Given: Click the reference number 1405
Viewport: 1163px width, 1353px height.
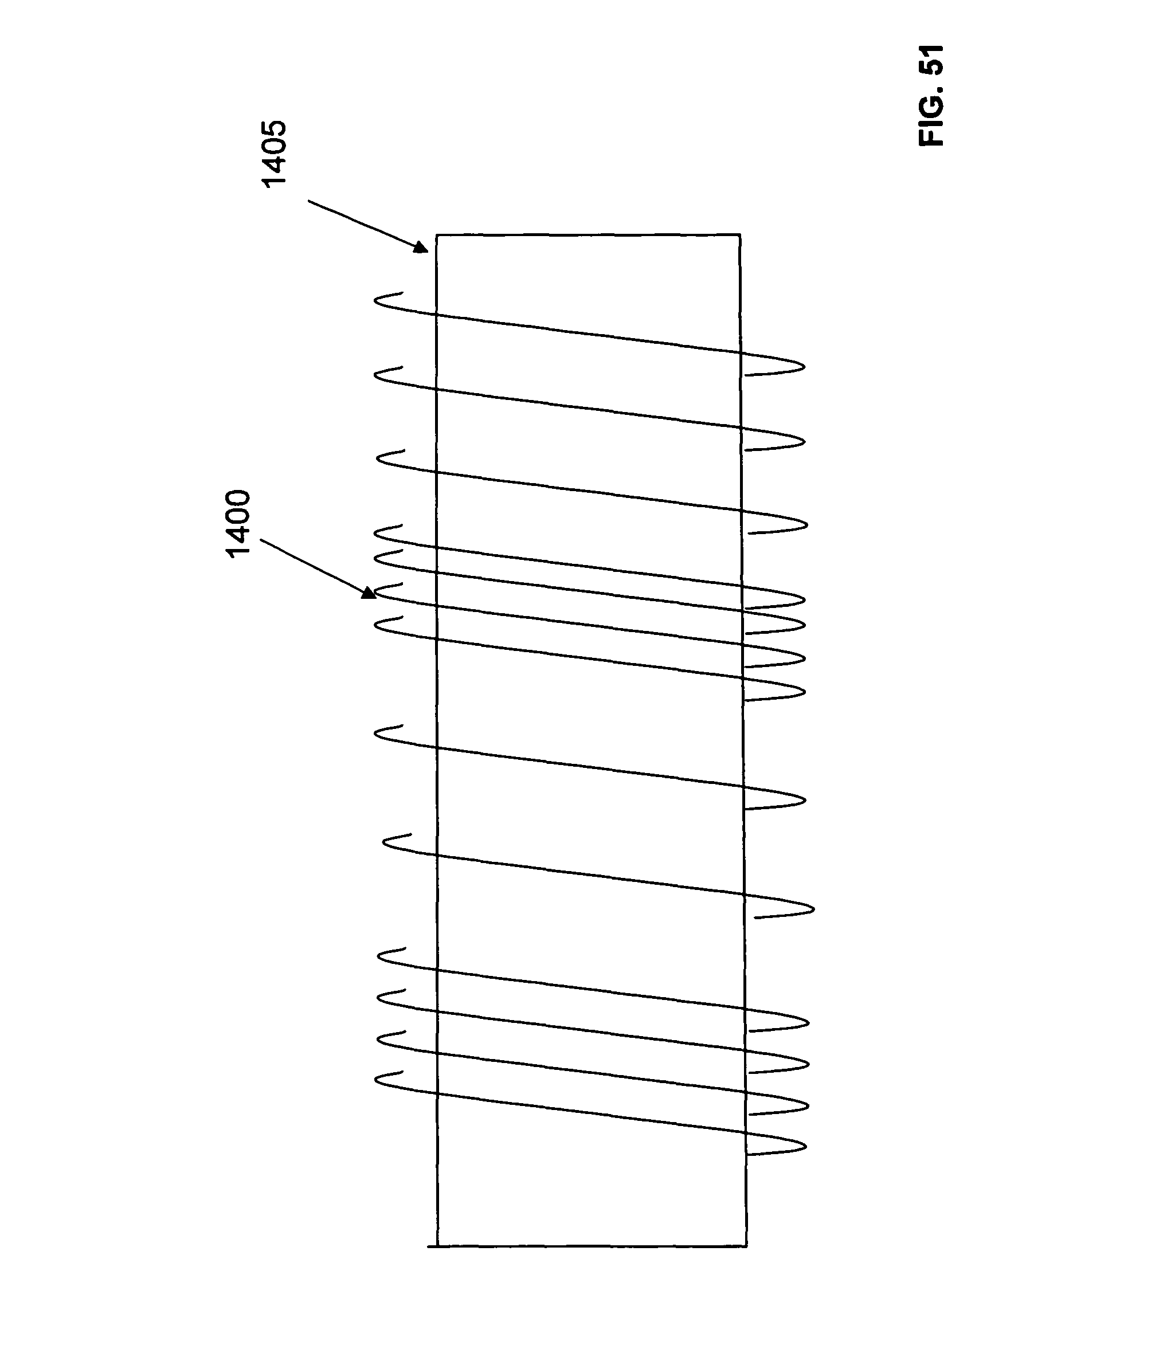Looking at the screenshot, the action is point(273,154).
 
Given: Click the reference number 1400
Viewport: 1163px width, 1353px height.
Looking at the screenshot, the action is point(238,524).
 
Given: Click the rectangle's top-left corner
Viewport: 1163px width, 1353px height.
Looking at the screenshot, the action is point(436,234).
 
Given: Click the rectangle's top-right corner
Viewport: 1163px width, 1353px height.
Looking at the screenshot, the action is point(740,234).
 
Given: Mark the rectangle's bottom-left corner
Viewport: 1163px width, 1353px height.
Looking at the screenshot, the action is point(437,1246).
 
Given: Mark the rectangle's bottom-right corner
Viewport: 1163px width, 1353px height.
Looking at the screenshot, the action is point(746,1246).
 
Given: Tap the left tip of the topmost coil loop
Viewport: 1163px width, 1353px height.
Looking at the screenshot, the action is point(375,300).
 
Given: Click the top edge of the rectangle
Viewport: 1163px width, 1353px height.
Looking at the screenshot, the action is point(588,234).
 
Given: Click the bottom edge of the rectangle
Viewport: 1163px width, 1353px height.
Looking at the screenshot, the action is point(588,1246).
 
